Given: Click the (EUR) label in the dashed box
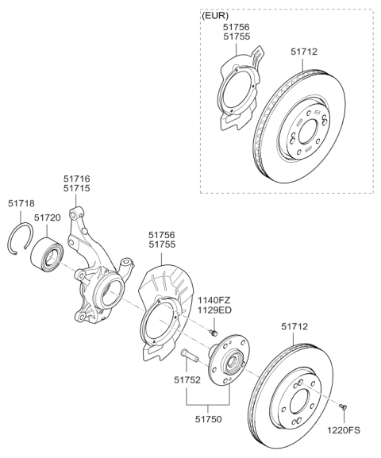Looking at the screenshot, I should (217, 14).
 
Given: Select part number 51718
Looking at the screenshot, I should (24, 204).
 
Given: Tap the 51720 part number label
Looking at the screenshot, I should (48, 216).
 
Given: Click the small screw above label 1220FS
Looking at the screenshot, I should (343, 406).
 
